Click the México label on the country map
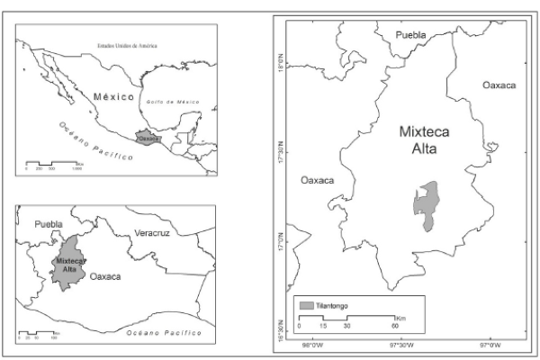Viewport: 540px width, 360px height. point(113,95)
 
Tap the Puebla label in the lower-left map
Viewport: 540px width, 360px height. point(49,222)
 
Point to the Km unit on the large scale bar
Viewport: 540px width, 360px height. point(402,318)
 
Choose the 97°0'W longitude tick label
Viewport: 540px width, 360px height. point(489,344)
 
